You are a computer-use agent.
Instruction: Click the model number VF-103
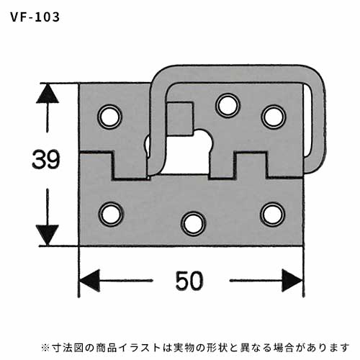click(x=35, y=17)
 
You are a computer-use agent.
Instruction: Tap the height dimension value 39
click(x=45, y=159)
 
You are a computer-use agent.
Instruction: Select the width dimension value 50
click(x=189, y=281)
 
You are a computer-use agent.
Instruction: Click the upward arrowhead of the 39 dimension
click(x=47, y=93)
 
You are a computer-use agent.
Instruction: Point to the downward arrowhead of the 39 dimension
click(x=47, y=235)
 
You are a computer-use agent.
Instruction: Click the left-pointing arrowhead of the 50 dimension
click(x=89, y=281)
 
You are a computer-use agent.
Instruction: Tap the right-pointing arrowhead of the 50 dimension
click(x=292, y=281)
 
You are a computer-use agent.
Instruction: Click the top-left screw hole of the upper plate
click(x=110, y=117)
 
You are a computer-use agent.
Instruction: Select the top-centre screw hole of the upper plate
click(x=228, y=106)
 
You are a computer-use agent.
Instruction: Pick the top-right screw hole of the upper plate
click(x=274, y=117)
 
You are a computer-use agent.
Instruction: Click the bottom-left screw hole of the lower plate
click(x=111, y=215)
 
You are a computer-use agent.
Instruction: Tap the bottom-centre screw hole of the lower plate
click(x=194, y=224)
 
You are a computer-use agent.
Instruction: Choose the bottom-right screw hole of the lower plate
click(x=274, y=215)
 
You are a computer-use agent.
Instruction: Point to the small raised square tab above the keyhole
click(x=180, y=118)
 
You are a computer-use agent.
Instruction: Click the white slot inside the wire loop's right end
click(x=307, y=120)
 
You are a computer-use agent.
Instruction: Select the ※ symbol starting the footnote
click(x=45, y=348)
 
